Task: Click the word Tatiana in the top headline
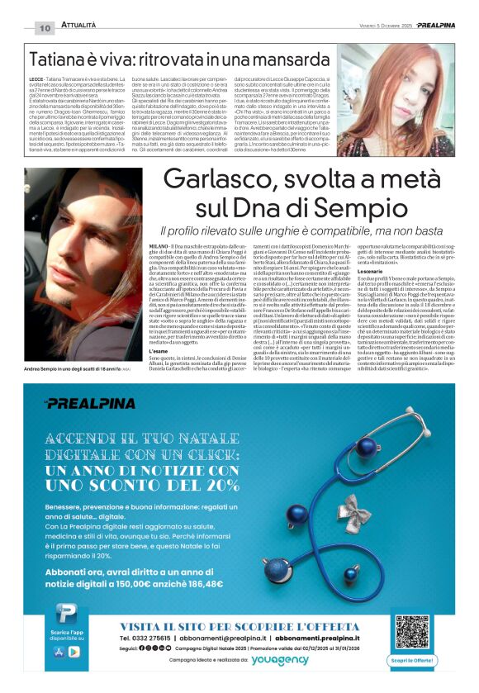59,59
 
